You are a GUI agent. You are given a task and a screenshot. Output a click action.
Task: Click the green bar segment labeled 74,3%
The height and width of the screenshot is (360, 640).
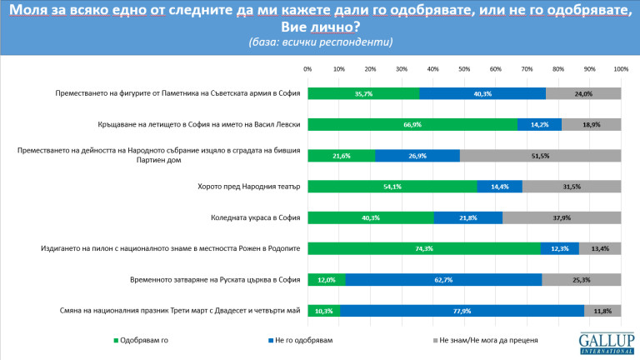(423, 248)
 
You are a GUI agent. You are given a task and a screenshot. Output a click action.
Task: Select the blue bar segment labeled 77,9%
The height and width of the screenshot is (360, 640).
(462, 310)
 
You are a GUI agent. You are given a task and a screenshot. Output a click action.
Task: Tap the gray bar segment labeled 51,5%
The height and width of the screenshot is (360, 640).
(540, 156)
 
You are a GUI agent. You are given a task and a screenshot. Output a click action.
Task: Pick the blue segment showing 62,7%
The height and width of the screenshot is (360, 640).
(443, 279)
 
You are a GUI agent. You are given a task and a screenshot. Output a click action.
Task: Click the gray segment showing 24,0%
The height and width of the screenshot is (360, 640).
(583, 94)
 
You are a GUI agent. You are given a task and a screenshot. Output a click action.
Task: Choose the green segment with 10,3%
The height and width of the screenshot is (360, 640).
(324, 310)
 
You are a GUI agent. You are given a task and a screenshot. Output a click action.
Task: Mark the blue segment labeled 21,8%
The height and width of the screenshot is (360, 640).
(468, 217)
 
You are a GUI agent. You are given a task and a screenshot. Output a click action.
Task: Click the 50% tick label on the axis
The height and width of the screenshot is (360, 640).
(464, 68)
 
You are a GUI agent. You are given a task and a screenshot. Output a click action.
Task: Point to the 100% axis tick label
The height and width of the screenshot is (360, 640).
(621, 68)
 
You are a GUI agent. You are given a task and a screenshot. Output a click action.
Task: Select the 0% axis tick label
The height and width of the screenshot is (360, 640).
(307, 68)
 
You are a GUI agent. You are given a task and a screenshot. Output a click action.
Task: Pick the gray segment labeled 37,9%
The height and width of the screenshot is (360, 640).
(562, 217)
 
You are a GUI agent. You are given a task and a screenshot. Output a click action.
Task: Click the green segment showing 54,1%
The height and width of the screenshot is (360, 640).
(392, 187)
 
